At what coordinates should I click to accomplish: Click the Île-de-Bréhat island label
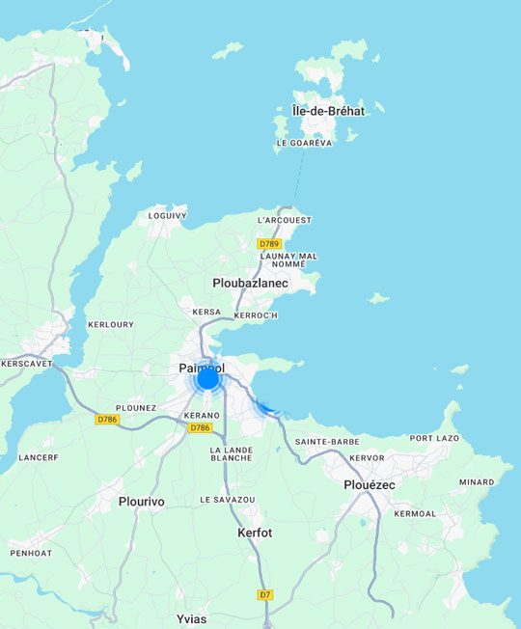[328, 111]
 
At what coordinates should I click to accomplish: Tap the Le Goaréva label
[304, 143]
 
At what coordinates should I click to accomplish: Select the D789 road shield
[269, 244]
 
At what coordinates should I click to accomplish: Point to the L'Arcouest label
[286, 220]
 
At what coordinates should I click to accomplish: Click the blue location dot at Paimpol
[207, 378]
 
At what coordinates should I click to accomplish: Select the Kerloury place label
[111, 324]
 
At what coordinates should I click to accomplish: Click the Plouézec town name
[370, 484]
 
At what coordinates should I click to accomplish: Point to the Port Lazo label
[434, 438]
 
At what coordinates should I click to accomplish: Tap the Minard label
[477, 482]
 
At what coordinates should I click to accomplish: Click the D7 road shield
[265, 595]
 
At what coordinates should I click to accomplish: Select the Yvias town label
[191, 618]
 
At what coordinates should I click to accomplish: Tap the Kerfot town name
[255, 533]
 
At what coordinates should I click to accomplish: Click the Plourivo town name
[141, 502]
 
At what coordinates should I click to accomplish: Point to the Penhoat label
[31, 553]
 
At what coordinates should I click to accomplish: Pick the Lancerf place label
[39, 456]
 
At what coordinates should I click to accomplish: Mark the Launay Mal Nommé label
[288, 260]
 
